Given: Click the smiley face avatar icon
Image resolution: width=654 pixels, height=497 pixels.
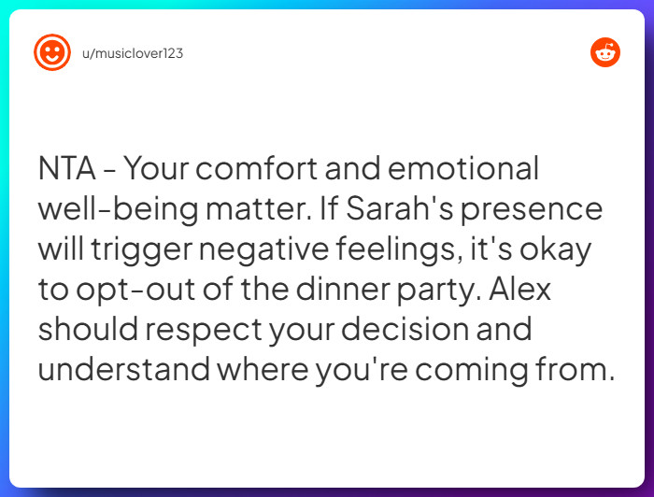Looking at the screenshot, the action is tap(52, 52).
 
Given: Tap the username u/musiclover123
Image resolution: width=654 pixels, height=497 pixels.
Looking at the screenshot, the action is tap(133, 53).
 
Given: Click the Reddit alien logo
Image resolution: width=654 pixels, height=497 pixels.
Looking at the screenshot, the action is tap(605, 52).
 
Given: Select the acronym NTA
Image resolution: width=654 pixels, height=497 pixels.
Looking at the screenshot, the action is tap(66, 168).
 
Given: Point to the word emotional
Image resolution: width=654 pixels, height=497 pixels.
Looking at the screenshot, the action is tap(463, 168).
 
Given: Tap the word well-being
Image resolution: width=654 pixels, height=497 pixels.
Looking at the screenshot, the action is tap(119, 208).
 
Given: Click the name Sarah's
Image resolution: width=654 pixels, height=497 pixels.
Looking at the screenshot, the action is tap(400, 208).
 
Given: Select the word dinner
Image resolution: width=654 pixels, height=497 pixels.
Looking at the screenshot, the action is tap(343, 289).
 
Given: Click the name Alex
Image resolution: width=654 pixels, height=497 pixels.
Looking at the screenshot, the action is tap(519, 289).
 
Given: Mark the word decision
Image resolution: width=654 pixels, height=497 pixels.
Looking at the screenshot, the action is tap(405, 329).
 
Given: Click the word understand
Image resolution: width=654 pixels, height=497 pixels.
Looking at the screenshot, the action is tap(124, 369).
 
